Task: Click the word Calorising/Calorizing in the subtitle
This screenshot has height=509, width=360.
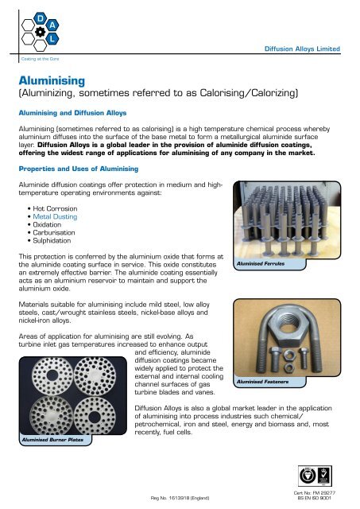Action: pos(242,95)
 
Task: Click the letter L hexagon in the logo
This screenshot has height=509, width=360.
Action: pos(51,37)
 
